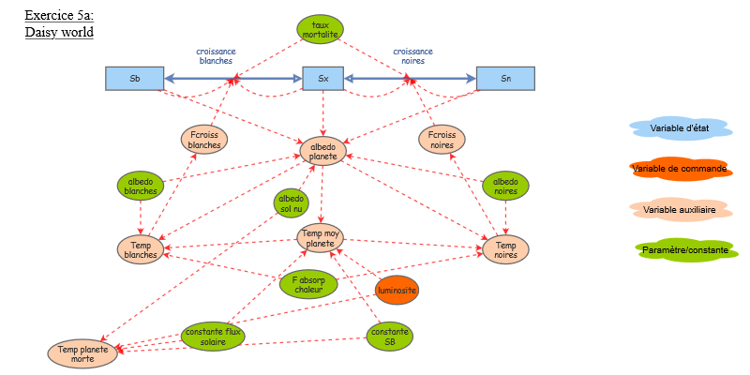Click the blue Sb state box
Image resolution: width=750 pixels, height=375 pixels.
click(x=134, y=78)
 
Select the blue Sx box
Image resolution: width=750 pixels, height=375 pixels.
click(x=323, y=78)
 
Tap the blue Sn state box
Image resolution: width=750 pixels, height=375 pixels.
click(x=505, y=78)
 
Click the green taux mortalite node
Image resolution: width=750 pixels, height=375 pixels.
click(x=321, y=29)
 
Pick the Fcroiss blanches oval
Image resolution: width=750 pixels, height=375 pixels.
click(x=203, y=140)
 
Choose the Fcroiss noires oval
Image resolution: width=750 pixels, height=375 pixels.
click(x=442, y=140)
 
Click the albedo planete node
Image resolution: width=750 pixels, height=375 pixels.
click(x=323, y=151)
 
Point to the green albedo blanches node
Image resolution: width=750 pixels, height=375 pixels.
click(x=141, y=186)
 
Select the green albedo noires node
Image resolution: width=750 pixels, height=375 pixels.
click(x=506, y=186)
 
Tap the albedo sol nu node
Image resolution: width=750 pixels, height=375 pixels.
click(x=292, y=202)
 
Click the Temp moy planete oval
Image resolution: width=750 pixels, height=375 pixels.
click(x=321, y=238)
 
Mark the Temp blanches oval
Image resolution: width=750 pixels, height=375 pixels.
click(x=141, y=249)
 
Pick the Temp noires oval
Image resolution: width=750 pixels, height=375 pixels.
click(x=505, y=249)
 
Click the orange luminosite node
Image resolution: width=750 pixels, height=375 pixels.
click(x=397, y=291)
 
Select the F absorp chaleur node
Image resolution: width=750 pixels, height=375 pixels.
click(x=307, y=284)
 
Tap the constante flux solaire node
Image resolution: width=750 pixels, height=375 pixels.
click(x=213, y=337)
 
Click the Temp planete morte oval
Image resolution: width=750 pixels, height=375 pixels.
click(x=83, y=353)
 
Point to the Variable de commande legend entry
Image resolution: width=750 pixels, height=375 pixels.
click(x=680, y=169)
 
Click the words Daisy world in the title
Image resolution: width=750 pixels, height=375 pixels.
click(x=59, y=32)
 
